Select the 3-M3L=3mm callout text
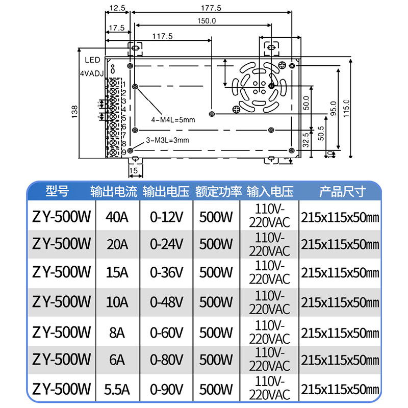click(167, 140)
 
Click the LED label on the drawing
click(92, 60)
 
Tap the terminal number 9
click(124, 152)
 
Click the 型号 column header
click(57, 192)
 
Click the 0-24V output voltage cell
click(166, 244)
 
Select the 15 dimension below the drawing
click(134, 170)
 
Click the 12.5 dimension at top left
click(117, 8)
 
